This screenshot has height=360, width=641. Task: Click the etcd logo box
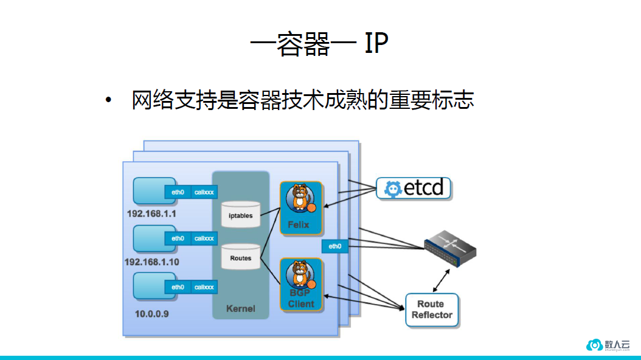414,189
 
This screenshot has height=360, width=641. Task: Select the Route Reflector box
432,310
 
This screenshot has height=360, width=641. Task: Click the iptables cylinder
241,215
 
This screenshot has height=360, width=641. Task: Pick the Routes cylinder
241,258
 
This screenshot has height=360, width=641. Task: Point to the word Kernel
241,308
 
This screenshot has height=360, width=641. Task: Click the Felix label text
299,224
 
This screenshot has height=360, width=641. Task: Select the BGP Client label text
301,299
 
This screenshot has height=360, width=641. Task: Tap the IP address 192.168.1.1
151,214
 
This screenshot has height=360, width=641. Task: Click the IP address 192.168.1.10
151,261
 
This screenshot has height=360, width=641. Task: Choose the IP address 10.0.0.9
152,314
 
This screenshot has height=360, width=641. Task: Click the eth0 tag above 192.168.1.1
178,192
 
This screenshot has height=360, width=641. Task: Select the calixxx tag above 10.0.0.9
204,287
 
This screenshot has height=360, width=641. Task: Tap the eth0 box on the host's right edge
335,246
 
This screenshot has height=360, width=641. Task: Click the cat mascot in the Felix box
300,199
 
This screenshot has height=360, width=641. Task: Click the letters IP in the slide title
376,44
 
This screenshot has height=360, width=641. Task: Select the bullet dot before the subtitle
109,100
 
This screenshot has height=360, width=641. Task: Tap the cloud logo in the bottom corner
594,344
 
